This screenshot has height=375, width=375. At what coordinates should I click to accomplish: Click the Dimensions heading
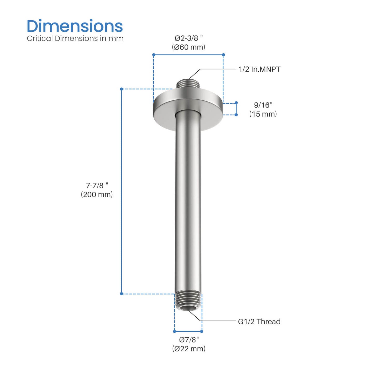point(75,26)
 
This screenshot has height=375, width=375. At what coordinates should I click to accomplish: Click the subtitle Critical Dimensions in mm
point(75,38)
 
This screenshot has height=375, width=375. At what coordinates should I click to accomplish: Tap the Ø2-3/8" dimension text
point(189,38)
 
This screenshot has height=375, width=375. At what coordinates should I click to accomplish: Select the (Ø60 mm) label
point(189,47)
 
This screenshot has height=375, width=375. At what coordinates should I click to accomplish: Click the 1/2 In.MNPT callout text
point(260,69)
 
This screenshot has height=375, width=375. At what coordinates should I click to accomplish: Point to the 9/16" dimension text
point(263,105)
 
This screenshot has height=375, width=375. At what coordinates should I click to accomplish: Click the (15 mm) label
point(263,114)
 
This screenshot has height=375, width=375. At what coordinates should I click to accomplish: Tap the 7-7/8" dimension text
point(97,185)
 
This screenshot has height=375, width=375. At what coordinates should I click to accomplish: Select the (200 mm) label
point(97,194)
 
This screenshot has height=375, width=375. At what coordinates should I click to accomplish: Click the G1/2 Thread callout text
point(259,322)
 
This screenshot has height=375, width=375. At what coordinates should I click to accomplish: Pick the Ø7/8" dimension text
point(189,339)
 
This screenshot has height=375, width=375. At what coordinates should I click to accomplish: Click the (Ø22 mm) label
point(189,349)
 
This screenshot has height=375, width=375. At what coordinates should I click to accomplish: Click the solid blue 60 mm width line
point(189,55)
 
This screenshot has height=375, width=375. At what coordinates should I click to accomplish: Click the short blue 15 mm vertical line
point(236,109)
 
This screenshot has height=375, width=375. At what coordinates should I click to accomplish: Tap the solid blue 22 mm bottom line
point(188,331)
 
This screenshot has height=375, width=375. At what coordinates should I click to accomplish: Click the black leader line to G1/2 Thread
point(221,321)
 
